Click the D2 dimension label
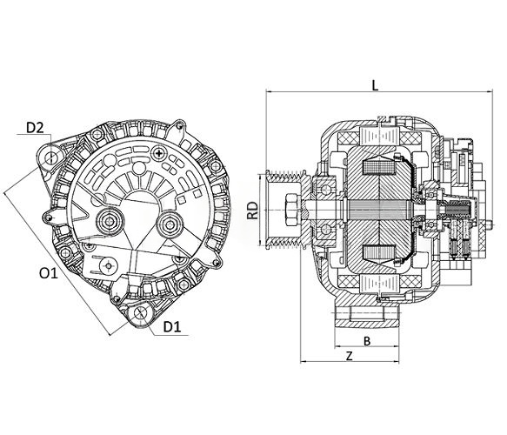pyautogui.click(x=35, y=128)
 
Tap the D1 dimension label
pyautogui.click(x=172, y=328)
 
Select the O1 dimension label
pyautogui.click(x=49, y=273)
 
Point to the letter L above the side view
pyautogui.click(x=374, y=85)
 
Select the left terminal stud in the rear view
pyautogui.click(x=110, y=221)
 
